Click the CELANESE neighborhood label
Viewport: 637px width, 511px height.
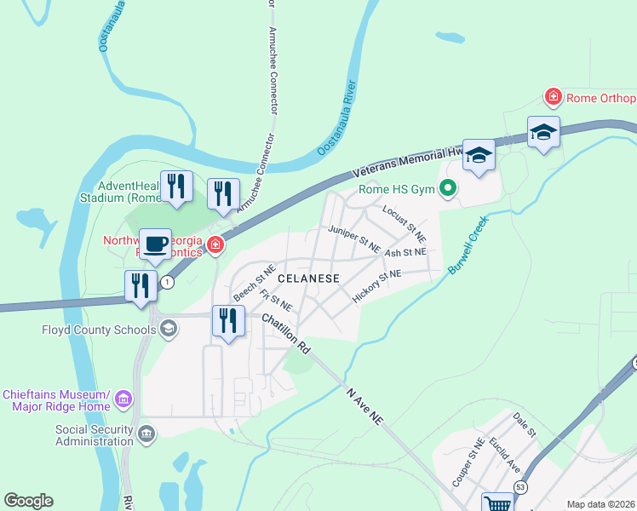(309, 278)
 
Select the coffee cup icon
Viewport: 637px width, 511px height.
(156, 245)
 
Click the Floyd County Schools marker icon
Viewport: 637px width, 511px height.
(169, 329)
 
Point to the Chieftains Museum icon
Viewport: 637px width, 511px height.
(123, 399)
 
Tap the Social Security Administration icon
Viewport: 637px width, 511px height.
(147, 434)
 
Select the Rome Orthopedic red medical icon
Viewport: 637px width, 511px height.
(554, 97)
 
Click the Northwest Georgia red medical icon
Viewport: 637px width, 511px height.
(215, 246)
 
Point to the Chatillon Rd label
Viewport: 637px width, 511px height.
(286, 334)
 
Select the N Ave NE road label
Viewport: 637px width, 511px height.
(366, 405)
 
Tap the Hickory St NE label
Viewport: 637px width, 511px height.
(376, 287)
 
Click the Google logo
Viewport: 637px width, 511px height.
(28, 501)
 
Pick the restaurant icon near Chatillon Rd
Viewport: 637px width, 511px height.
(227, 321)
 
